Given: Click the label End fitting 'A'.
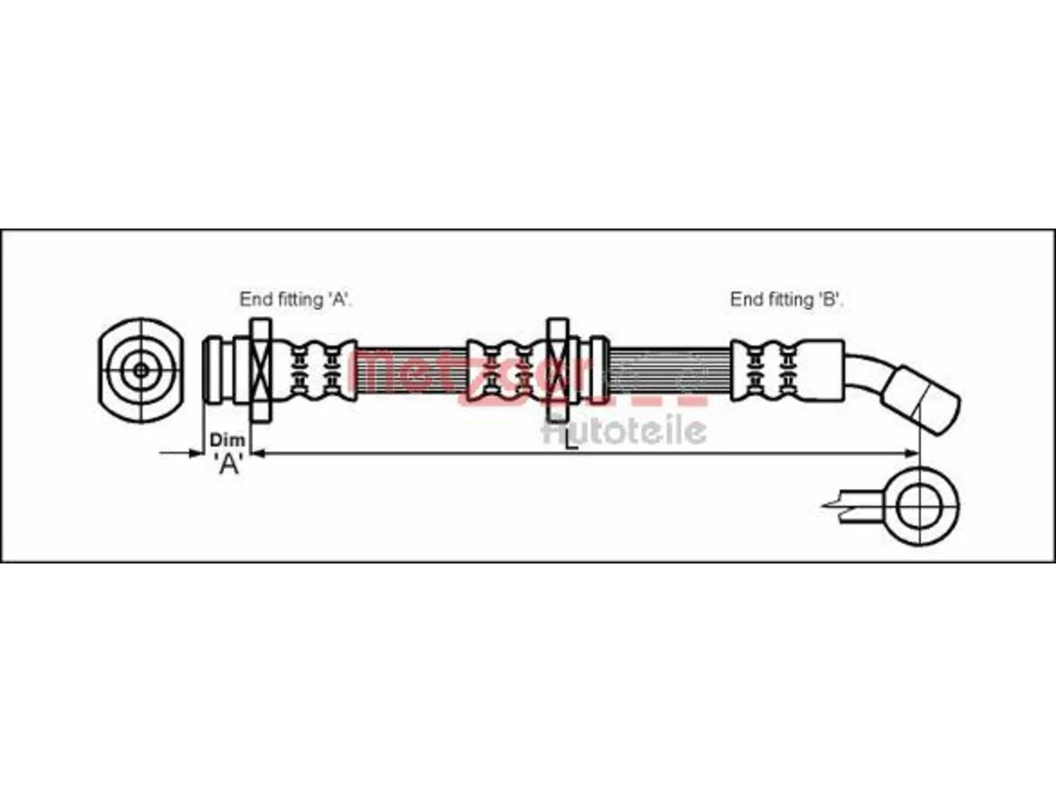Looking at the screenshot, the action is pos(296,299).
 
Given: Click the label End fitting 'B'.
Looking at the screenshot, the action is pos(786,299).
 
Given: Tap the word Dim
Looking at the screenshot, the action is pos(228,440).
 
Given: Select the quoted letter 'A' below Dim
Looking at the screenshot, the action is pos(229,464).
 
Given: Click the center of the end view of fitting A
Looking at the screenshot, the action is pos(141,370).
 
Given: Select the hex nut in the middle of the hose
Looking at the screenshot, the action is pos(558,370).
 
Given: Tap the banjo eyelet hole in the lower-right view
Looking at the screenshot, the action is pos(919,507).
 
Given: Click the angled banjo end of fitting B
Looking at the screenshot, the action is pos(922,400).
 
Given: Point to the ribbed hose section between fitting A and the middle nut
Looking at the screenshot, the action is pos(412,370).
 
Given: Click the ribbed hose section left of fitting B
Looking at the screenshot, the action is pos(670,370).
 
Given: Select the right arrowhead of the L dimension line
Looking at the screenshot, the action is pos(912,453).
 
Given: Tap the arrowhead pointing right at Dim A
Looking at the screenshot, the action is pos(196,453).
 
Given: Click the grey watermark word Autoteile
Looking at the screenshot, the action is pos(625,431).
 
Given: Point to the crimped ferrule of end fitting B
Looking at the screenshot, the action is pos(787,370).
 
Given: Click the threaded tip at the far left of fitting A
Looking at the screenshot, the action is pos(212,370).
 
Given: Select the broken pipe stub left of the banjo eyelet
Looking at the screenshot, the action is pos(854,507).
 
